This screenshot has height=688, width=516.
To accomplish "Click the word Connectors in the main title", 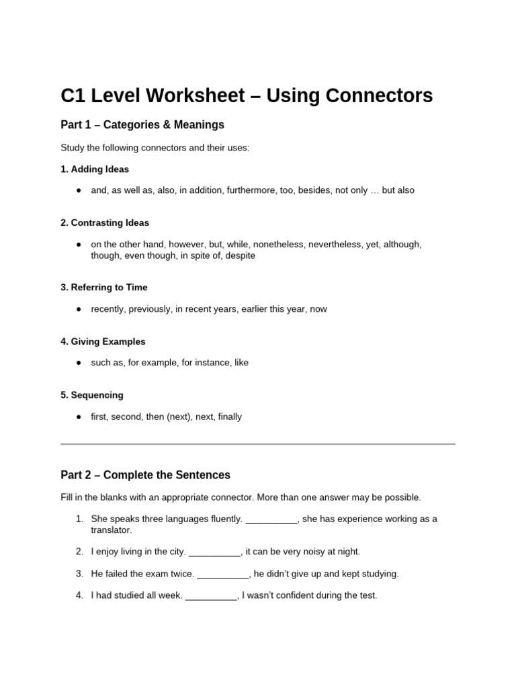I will (x=379, y=96).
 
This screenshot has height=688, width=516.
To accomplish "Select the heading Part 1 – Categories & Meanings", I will (x=142, y=125).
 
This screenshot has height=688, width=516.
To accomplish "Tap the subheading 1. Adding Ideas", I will (x=95, y=169).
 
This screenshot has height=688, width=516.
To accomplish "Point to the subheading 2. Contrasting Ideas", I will (x=105, y=222).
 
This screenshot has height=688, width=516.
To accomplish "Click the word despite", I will (x=241, y=256).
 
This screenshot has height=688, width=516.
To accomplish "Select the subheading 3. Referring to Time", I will (x=104, y=288).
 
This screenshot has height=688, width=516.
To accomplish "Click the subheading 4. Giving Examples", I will (x=103, y=341).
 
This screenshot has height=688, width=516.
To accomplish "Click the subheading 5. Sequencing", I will (x=92, y=395).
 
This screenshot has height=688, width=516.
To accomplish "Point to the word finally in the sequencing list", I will (x=230, y=417).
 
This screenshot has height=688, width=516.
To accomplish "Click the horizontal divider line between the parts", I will (x=258, y=444).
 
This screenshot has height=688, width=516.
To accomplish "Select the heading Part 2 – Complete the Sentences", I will (x=145, y=475).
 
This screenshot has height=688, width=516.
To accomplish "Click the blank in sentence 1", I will (x=271, y=520).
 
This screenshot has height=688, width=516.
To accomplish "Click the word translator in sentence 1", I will (x=112, y=530).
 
